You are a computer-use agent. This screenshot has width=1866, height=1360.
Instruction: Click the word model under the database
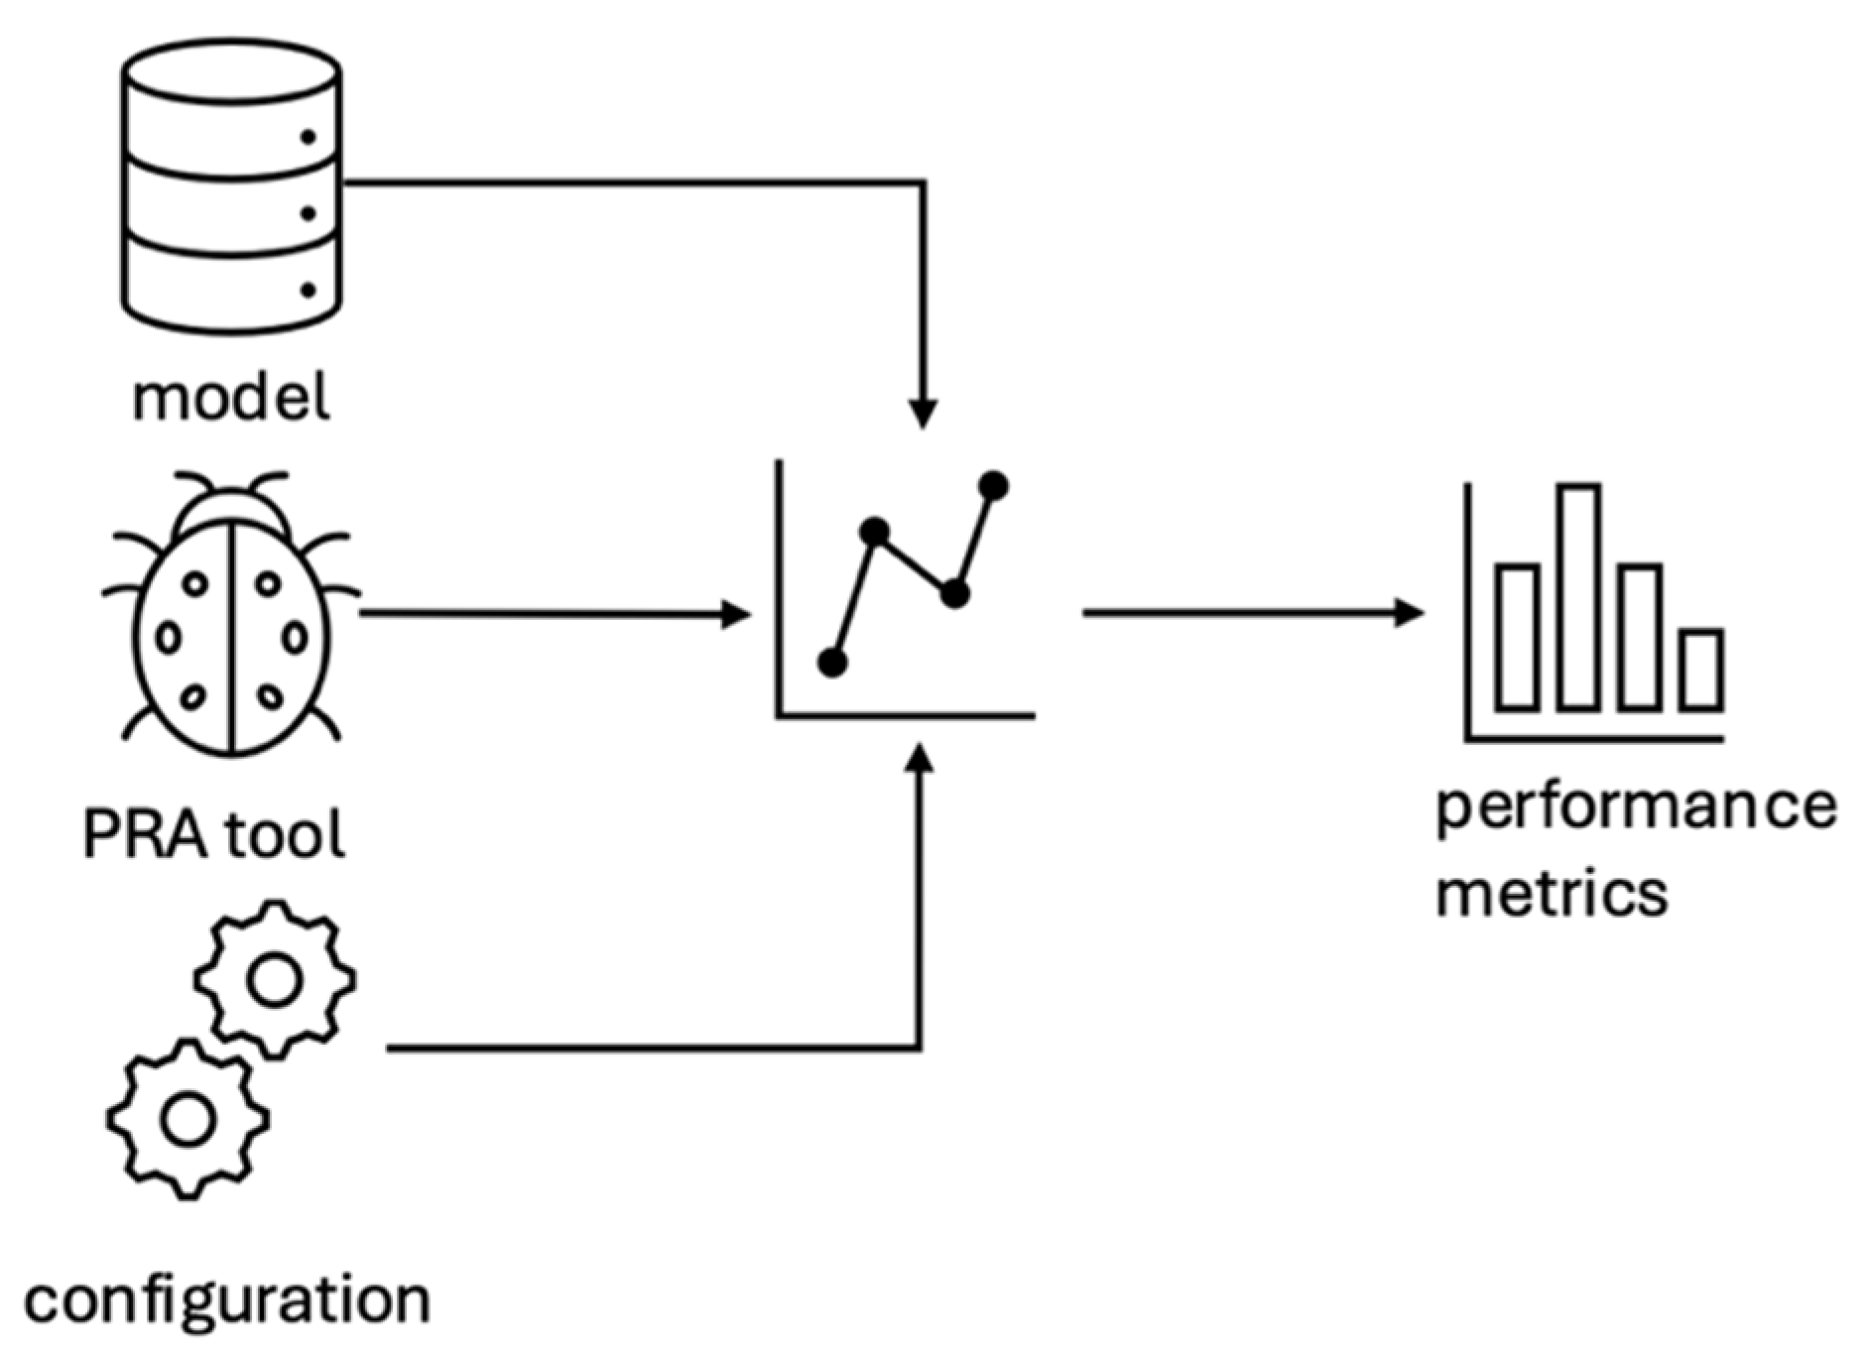click(230, 398)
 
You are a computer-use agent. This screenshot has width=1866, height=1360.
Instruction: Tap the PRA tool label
click(213, 834)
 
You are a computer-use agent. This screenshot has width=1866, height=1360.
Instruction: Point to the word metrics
click(1552, 893)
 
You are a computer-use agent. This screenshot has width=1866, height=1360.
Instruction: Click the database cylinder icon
click(231, 185)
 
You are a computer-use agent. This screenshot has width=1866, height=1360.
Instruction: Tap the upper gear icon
click(275, 979)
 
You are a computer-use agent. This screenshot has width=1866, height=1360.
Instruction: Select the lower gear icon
click(187, 1118)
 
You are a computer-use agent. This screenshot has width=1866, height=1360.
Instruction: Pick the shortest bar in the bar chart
click(1702, 671)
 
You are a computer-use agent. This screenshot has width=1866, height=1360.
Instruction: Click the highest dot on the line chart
click(993, 486)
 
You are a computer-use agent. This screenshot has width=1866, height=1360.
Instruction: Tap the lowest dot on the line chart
click(832, 663)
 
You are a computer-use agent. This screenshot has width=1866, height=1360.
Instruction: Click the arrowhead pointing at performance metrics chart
click(1410, 613)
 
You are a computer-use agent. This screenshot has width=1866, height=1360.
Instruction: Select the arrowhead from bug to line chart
click(736, 614)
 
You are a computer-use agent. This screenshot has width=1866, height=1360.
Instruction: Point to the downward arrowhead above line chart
click(923, 414)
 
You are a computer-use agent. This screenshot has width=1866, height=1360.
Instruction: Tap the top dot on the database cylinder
click(308, 137)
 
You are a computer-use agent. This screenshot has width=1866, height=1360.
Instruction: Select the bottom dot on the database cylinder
click(308, 290)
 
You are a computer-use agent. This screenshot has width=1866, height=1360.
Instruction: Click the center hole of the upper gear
click(275, 979)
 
